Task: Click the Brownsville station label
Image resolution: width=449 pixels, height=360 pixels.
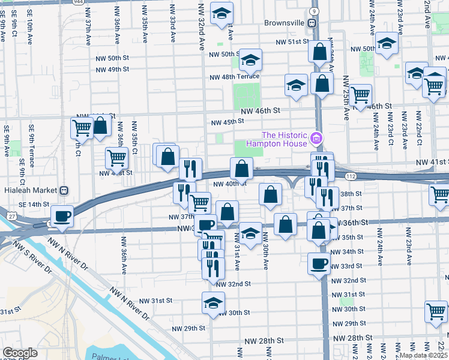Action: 285,23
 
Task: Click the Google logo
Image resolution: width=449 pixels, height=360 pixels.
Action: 20,353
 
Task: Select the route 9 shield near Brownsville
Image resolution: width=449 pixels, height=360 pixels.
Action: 314,11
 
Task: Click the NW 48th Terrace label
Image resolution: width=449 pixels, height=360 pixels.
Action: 234,77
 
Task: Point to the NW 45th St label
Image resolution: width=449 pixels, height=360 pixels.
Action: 226,122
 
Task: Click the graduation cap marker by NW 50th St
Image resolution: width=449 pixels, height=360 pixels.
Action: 250,59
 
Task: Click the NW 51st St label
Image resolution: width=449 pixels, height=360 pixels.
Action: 292,42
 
